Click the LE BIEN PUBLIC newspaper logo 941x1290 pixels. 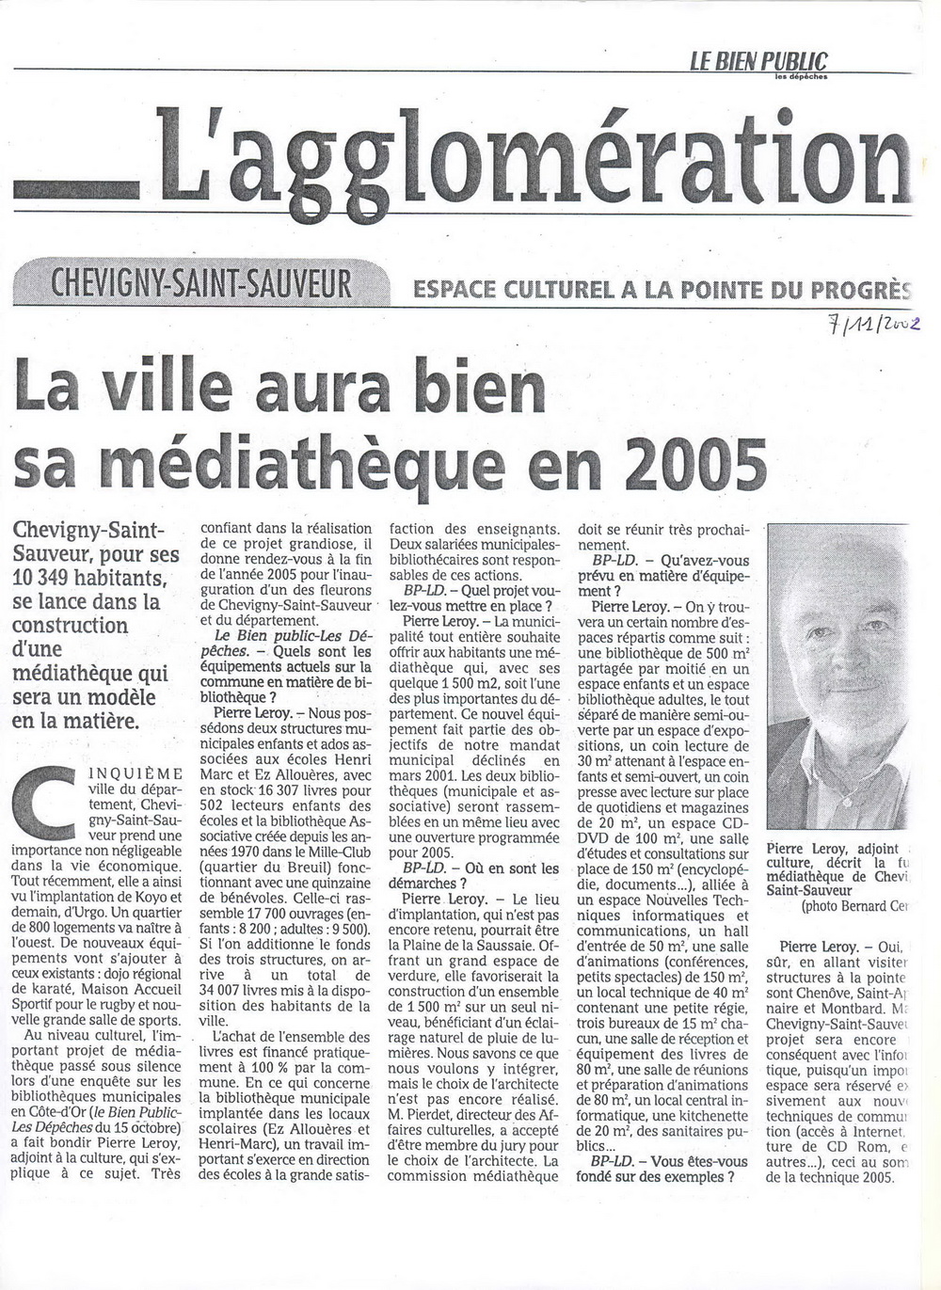point(758,63)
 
